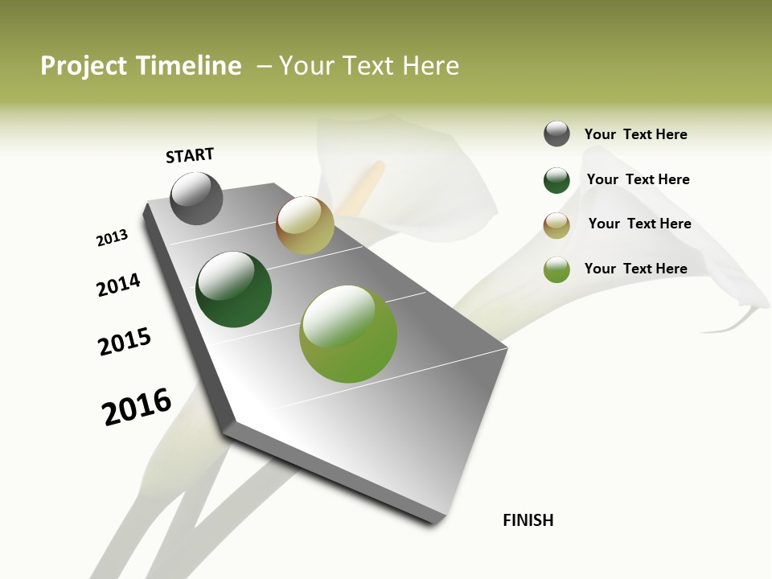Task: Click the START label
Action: tap(190, 155)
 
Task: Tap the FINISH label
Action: tap(528, 520)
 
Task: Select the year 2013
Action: tap(112, 238)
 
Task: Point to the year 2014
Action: tap(118, 285)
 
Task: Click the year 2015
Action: tap(125, 343)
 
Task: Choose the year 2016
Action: tap(137, 407)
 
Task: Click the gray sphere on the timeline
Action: tap(196, 199)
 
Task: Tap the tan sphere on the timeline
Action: tap(305, 225)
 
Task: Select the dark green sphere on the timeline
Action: tap(233, 289)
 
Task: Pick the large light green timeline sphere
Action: tap(348, 334)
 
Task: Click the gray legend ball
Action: tap(556, 134)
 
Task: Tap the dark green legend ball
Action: tap(556, 180)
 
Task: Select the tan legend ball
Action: tap(556, 225)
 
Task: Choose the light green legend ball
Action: tap(556, 269)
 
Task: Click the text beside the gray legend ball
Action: tap(635, 135)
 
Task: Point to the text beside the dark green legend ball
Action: tap(638, 180)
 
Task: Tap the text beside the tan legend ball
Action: tap(639, 224)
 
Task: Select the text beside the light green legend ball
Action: tap(635, 269)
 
